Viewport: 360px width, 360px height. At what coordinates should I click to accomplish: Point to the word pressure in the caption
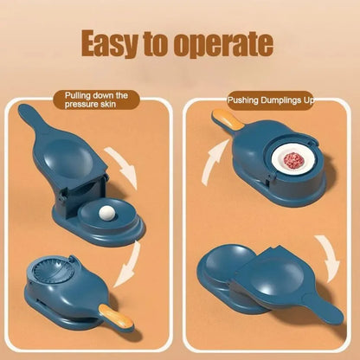(x=85, y=106)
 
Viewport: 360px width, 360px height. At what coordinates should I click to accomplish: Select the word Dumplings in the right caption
(x=286, y=102)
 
